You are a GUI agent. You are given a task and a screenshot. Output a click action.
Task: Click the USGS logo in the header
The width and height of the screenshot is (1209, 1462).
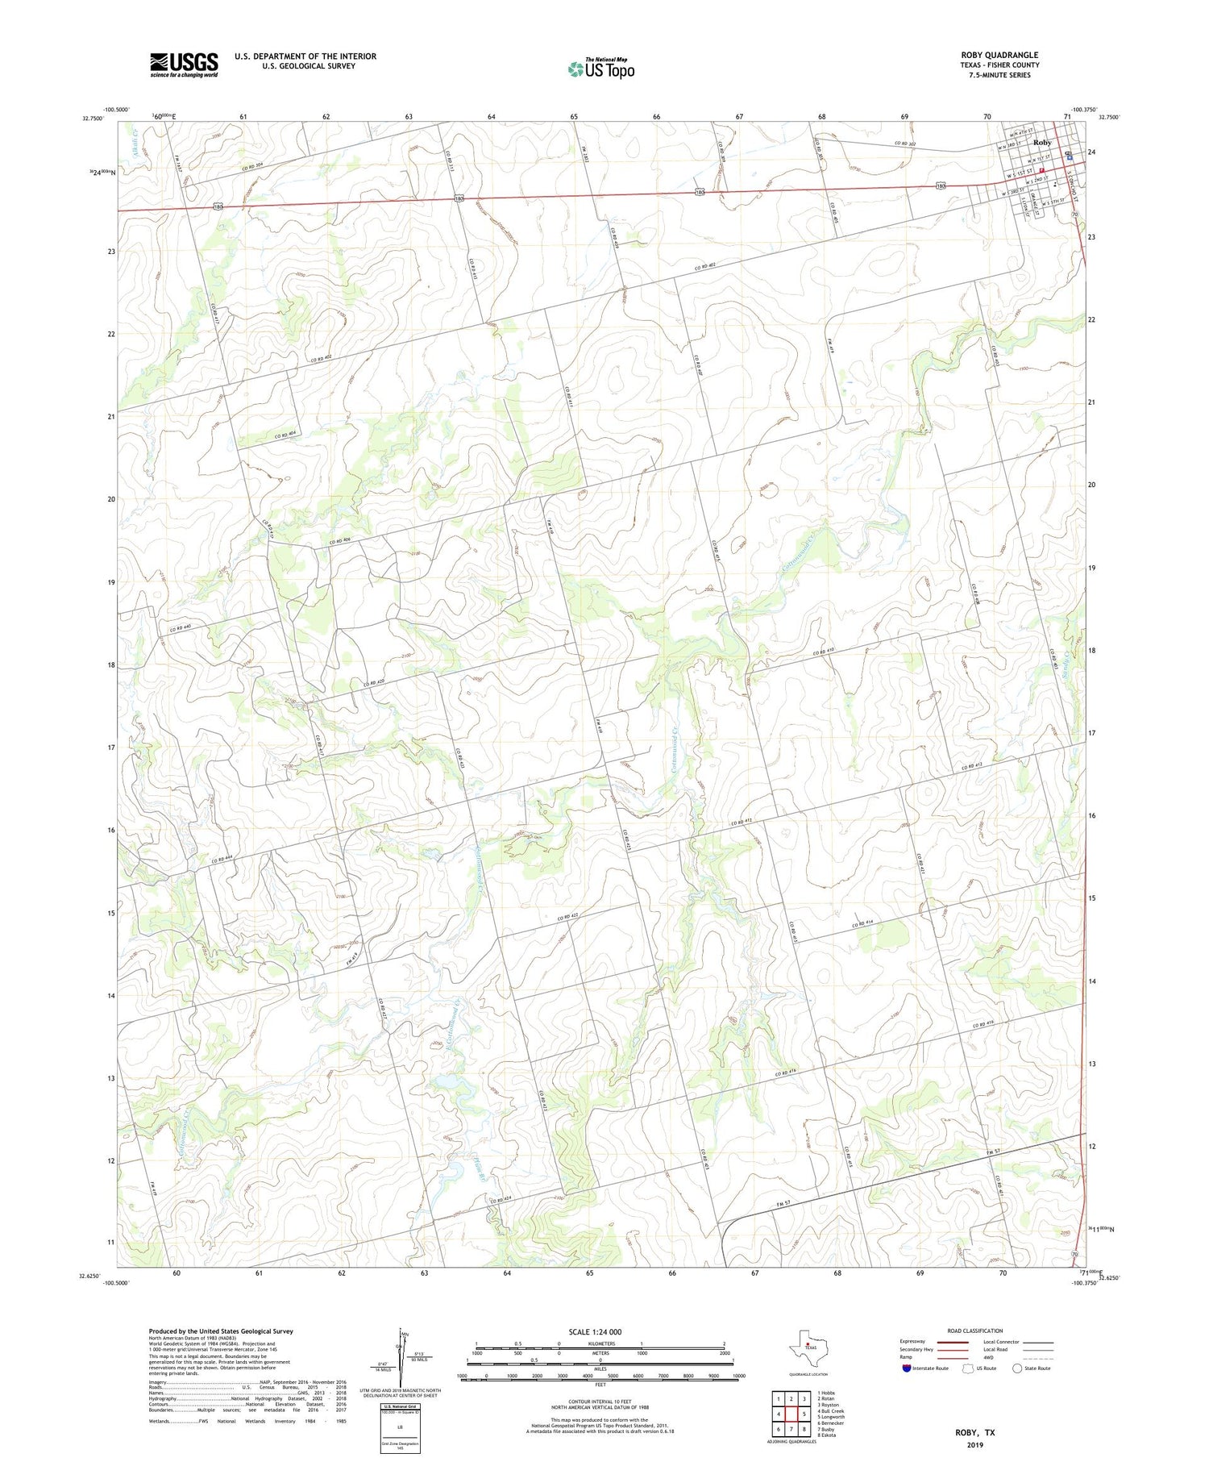pyautogui.click(x=184, y=65)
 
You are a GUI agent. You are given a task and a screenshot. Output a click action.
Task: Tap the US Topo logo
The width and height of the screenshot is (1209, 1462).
pyautogui.click(x=600, y=69)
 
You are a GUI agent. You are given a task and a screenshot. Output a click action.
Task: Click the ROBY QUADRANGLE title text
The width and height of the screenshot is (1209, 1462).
pyautogui.click(x=999, y=55)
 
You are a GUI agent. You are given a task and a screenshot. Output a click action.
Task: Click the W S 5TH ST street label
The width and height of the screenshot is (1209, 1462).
pyautogui.click(x=1057, y=202)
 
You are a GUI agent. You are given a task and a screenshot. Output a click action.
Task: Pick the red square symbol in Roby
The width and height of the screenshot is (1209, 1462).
pyautogui.click(x=1041, y=170)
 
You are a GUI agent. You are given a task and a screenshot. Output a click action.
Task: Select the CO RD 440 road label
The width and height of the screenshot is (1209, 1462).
pyautogui.click(x=181, y=627)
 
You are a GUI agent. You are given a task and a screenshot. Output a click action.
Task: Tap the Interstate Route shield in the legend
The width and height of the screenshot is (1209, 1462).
pyautogui.click(x=908, y=1368)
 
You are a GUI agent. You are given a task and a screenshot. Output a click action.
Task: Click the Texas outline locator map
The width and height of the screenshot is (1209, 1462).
pyautogui.click(x=808, y=1347)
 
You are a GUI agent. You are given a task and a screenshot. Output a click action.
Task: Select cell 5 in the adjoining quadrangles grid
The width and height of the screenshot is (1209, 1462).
pyautogui.click(x=804, y=1414)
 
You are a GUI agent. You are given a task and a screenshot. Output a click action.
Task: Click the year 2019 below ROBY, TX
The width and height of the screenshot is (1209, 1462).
pyautogui.click(x=975, y=1445)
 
